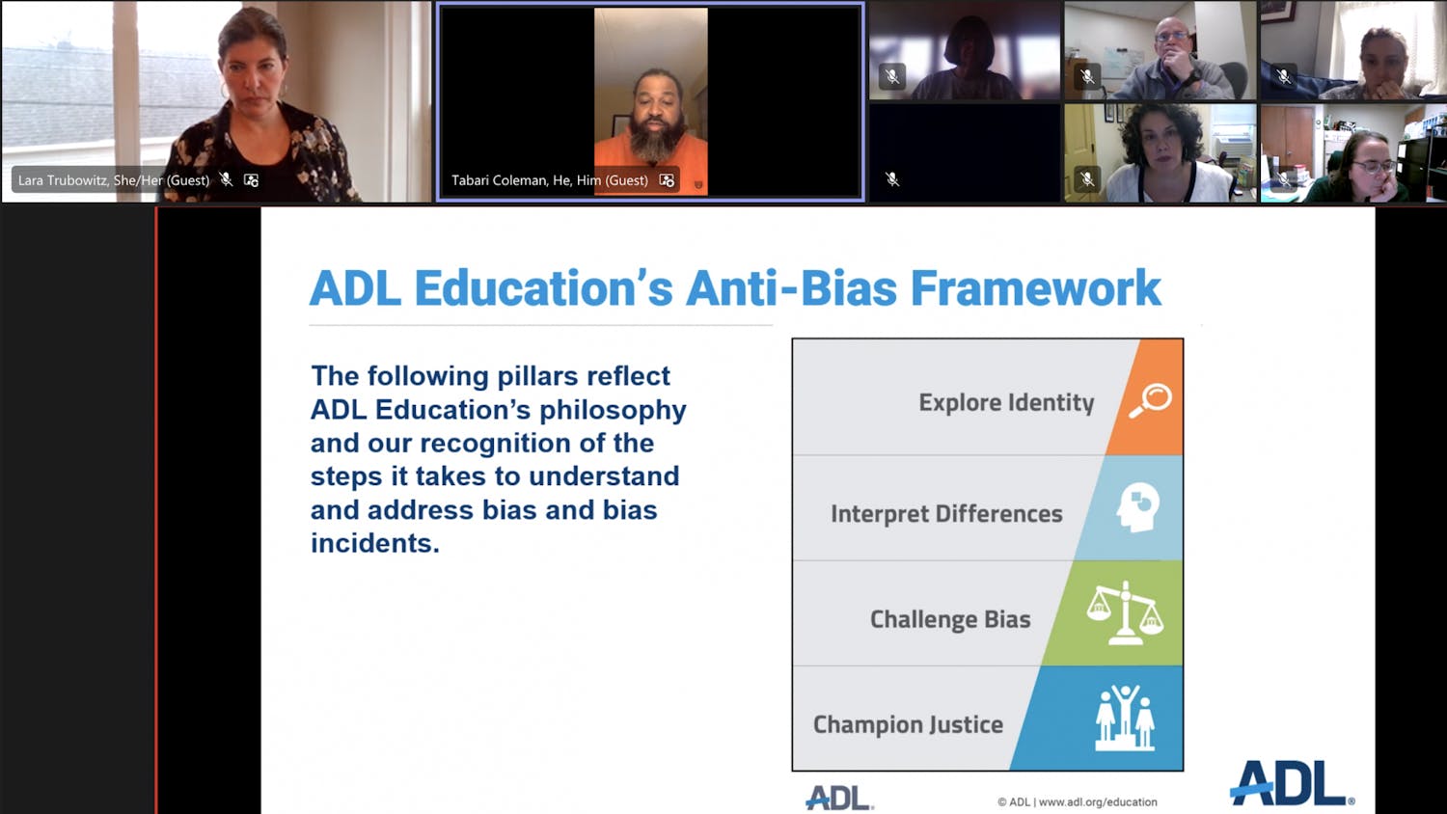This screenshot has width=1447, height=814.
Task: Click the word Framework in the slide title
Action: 1035,288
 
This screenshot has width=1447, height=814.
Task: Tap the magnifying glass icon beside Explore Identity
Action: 1150,400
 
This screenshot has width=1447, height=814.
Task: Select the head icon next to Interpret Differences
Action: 1137,507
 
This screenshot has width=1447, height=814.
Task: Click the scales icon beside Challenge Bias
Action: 1125,612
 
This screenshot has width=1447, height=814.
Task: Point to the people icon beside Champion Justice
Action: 1125,718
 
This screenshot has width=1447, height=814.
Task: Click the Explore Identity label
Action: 1006,402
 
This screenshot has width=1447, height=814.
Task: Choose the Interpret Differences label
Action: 946,514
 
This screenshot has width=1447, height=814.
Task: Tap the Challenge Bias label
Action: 950,619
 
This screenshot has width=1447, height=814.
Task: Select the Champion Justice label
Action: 908,725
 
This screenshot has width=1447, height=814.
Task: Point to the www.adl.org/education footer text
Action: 1098,801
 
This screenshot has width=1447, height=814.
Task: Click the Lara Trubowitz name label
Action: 114,180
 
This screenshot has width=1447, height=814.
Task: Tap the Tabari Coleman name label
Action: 550,180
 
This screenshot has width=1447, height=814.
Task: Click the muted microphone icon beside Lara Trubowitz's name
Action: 226,179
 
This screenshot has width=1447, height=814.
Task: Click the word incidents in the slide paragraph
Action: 374,543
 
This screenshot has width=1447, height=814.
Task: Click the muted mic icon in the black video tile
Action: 892,179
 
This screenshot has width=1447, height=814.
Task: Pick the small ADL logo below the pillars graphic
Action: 839,798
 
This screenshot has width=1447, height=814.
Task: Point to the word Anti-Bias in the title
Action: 791,288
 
